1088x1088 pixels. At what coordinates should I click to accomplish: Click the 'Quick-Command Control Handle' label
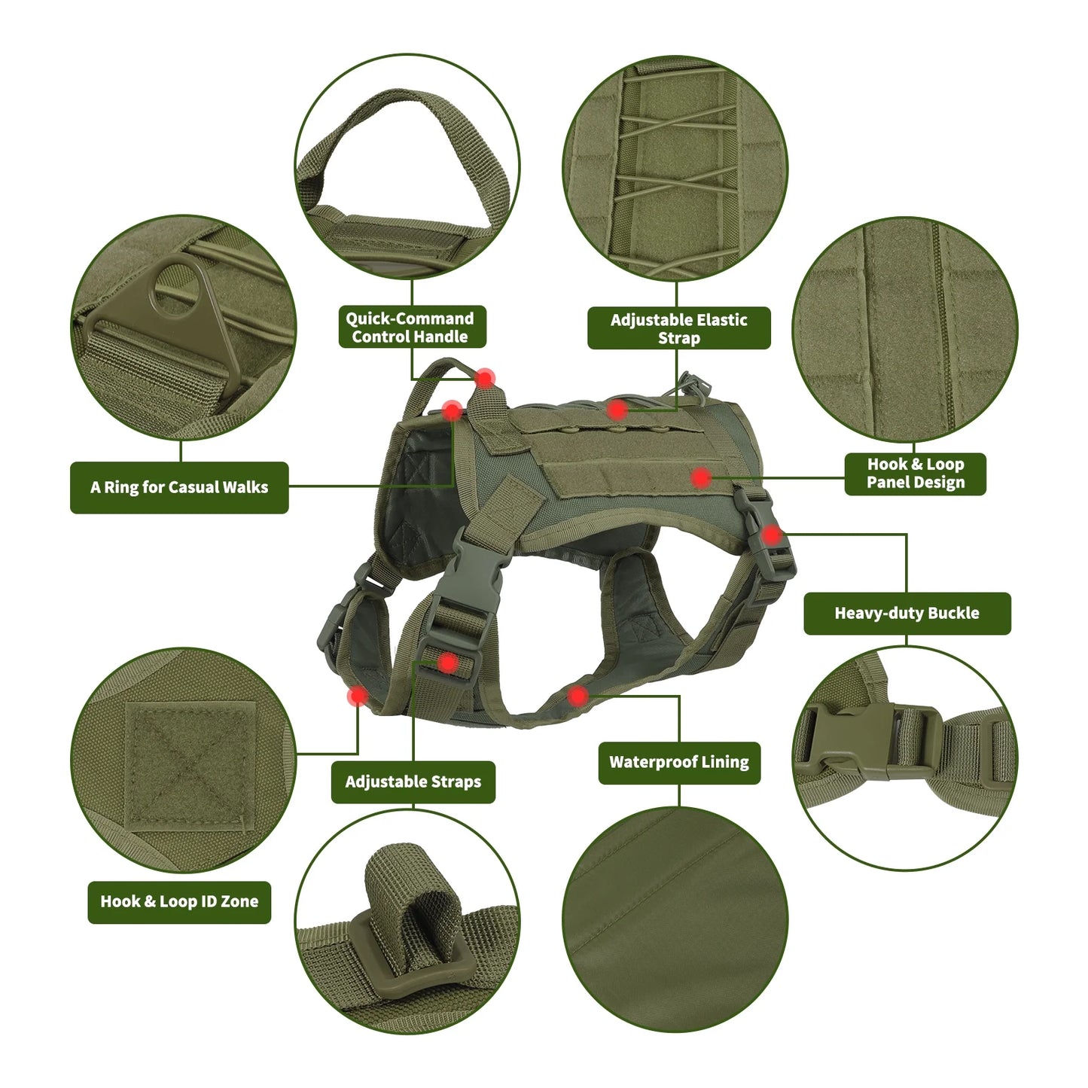point(410,328)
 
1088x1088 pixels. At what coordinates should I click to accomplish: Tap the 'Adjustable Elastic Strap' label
point(678,328)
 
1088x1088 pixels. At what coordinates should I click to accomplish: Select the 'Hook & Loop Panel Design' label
point(915,474)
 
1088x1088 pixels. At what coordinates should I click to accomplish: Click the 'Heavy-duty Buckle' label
point(907,613)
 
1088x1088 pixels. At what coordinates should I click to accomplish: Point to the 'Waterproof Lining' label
point(678,762)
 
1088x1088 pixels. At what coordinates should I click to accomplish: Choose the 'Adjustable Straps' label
point(413,782)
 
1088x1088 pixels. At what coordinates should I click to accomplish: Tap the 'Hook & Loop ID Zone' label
point(179,901)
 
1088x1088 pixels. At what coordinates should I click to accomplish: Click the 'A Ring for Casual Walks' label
point(179,487)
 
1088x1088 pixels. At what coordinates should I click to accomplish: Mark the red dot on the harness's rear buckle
point(771,535)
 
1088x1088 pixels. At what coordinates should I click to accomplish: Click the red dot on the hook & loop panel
point(701,477)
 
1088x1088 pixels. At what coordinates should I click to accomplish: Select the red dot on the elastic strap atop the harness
point(617,410)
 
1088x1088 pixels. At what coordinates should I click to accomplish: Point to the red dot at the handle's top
point(485,378)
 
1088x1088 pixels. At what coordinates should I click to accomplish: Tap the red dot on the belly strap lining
point(578,696)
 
